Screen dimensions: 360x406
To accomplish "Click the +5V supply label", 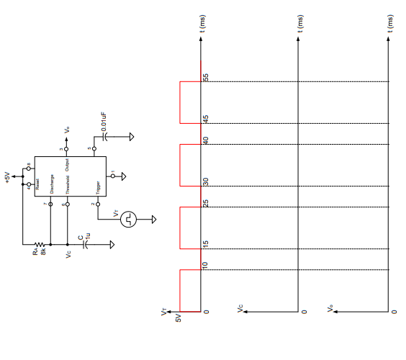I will pos(8,177).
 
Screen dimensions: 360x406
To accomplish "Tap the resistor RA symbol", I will pos(40,244).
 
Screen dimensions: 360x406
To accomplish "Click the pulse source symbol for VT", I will pos(129,217).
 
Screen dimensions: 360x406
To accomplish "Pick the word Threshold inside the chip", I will pos(68,185).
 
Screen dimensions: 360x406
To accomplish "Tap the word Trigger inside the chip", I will pos(98,187).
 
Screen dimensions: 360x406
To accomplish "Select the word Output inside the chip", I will pos(68,163).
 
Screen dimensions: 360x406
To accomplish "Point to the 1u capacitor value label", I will pos(88,235).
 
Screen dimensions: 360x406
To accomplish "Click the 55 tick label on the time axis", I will pos(205,77).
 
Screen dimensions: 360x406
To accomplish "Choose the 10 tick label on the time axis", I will pos(205,266).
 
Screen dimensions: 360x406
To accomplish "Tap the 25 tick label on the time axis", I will pos(205,203).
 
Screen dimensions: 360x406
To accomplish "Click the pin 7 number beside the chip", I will pos(45,204).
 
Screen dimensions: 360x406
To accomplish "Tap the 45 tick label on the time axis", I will pos(205,119).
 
